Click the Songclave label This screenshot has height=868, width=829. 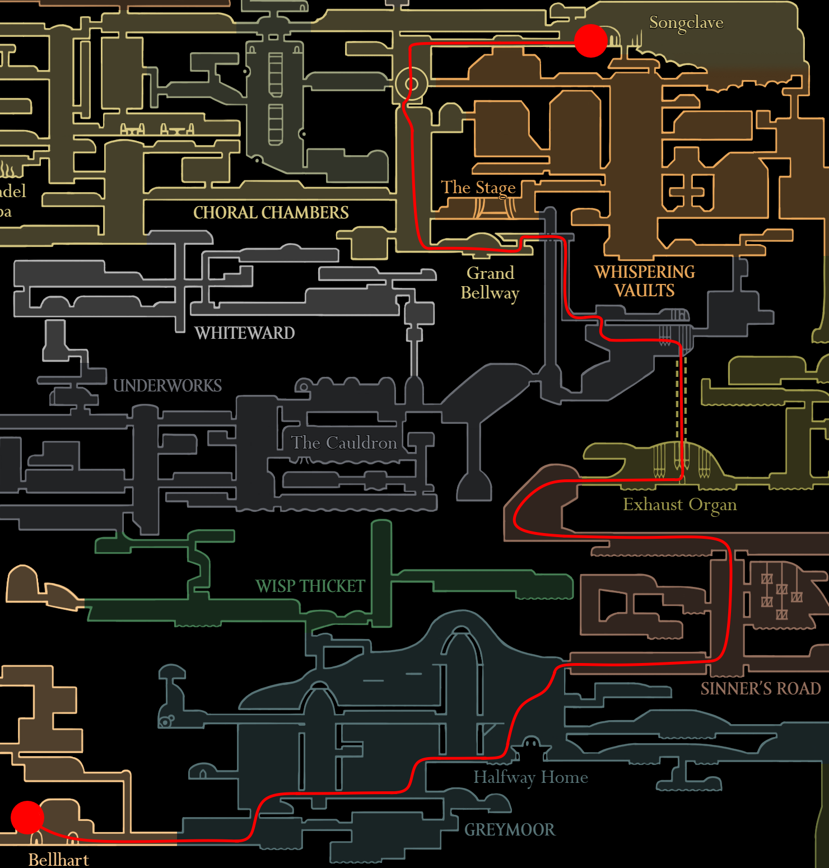pos(686,23)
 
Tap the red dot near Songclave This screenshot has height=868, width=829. pos(590,40)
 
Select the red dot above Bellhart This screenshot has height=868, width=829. pos(27,817)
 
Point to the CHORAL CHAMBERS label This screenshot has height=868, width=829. pos(271,213)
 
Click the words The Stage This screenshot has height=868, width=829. pos(478,188)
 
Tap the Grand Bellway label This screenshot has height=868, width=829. pos(490,283)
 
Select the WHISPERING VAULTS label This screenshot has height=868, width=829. pos(645,281)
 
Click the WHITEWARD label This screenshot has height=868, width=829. pos(244,333)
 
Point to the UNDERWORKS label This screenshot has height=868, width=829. pos(167,386)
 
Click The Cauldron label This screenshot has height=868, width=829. pos(344,443)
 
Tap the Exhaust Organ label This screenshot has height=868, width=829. pos(679,505)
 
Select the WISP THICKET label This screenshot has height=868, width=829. pos(310,586)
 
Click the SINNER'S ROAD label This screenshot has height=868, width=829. pos(760,689)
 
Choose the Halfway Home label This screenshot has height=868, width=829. pos(530,777)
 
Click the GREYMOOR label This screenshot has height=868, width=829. pos(509,830)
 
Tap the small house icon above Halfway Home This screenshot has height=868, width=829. pos(530,747)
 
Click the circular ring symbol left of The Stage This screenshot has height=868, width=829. pos(411,84)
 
